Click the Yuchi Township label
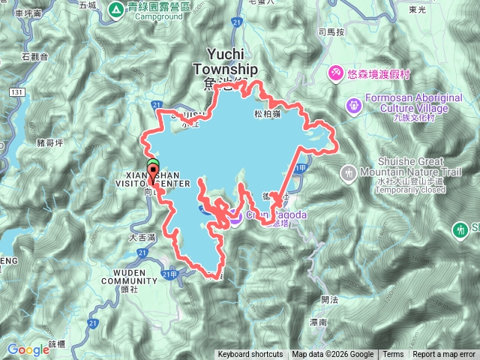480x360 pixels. tap(224, 62)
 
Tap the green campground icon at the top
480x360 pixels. tap(116, 9)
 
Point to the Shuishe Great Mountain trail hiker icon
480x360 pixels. tap(348, 174)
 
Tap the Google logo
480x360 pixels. tap(28, 349)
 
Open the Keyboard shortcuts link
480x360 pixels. tap(250, 355)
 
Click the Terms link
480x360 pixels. tap(393, 355)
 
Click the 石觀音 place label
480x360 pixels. tap(35, 56)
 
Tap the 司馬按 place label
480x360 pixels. tap(331, 32)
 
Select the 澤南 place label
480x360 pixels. tap(318, 322)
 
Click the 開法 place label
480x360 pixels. tap(329, 299)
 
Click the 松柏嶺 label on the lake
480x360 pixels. tap(267, 114)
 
